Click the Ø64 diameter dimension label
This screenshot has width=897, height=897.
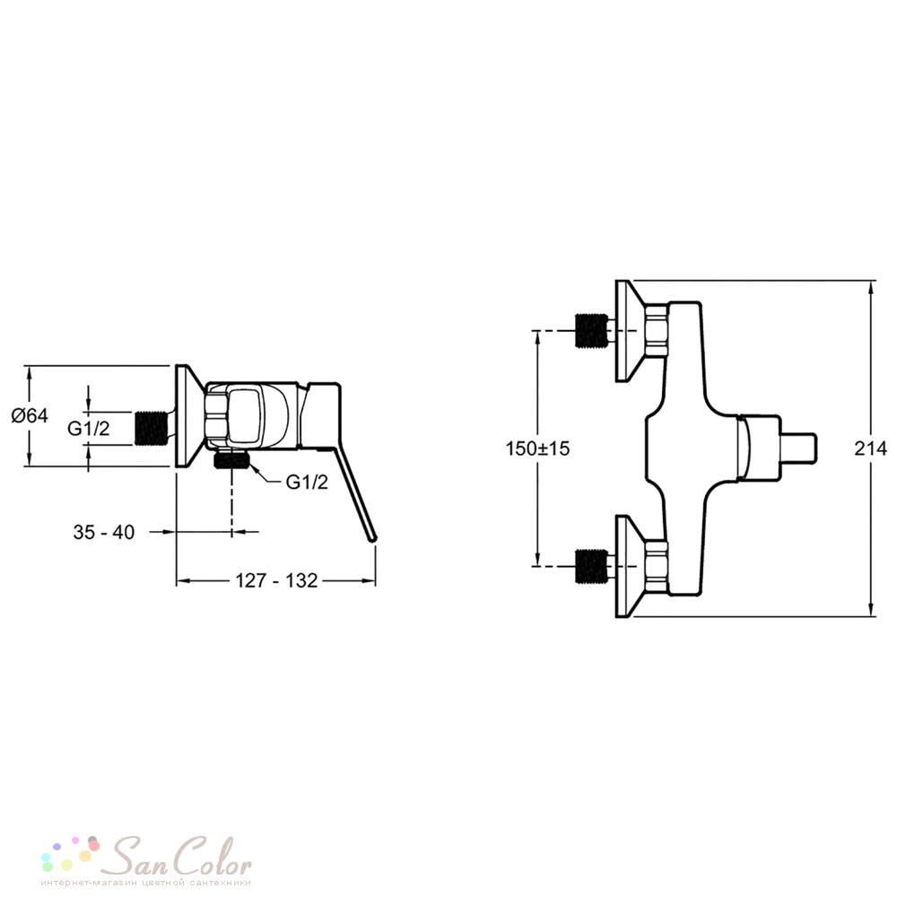coord(30,415)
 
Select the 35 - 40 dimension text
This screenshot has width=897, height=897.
coord(103,532)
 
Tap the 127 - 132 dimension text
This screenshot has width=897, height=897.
coord(276,580)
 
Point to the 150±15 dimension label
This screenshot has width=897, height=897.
coord(537,448)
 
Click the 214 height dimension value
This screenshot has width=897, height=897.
coord(870,448)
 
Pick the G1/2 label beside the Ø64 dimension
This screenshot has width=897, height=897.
coord(88,429)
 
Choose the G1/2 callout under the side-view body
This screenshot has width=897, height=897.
coord(307,483)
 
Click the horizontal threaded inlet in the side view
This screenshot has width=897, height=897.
coord(152,428)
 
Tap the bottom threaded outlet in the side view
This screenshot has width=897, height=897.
coord(231,458)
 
